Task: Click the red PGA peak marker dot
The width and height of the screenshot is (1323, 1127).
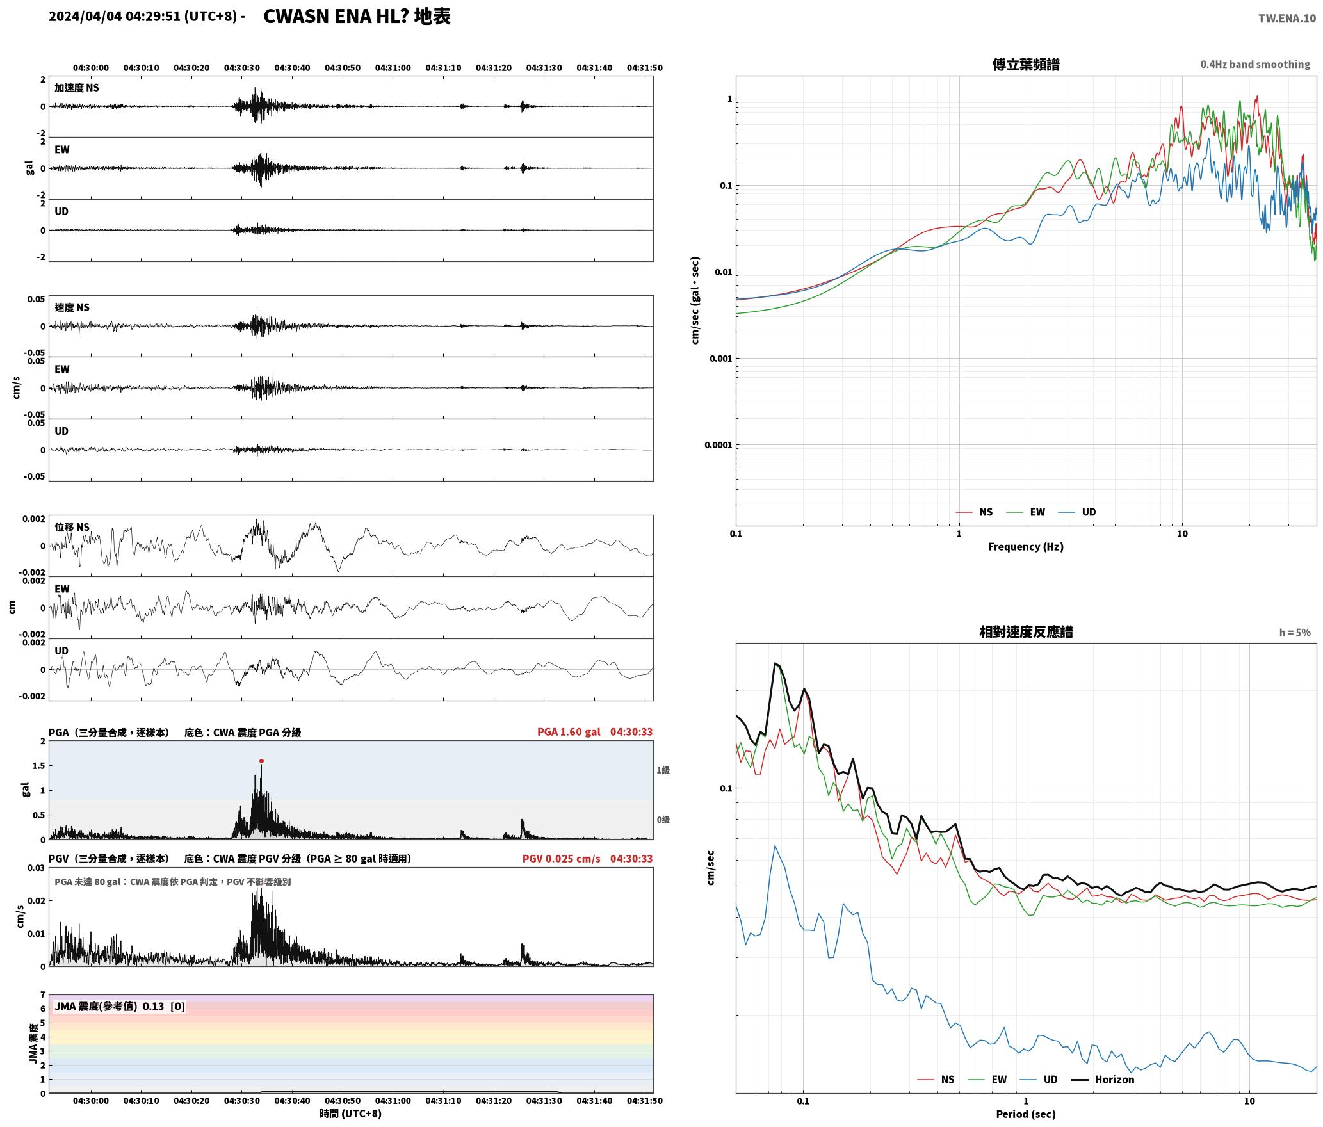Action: pos(261,761)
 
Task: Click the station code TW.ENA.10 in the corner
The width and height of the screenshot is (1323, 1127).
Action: pos(1287,19)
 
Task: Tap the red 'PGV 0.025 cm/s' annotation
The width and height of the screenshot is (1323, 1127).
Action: pos(562,859)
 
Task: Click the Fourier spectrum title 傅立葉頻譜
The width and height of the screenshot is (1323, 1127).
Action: pos(1025,64)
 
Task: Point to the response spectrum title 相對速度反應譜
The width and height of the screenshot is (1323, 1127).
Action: pos(1026,632)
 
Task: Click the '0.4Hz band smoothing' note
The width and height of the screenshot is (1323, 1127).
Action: pos(1255,65)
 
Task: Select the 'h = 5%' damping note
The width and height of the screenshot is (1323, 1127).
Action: pos(1295,633)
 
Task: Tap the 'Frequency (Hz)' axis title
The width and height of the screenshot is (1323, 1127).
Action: pos(1026,547)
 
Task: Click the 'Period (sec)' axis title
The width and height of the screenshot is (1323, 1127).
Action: pos(1026,1114)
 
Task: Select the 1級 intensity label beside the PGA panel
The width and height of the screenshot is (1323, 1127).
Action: pos(663,770)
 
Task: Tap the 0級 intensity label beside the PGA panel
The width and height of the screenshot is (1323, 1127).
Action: pos(663,820)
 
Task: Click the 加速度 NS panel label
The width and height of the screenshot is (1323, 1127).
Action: pos(77,88)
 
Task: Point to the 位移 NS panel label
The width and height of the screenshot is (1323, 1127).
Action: pos(72,527)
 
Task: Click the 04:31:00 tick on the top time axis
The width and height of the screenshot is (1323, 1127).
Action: pos(393,68)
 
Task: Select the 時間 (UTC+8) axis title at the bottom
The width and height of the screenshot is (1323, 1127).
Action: pos(351,1114)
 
